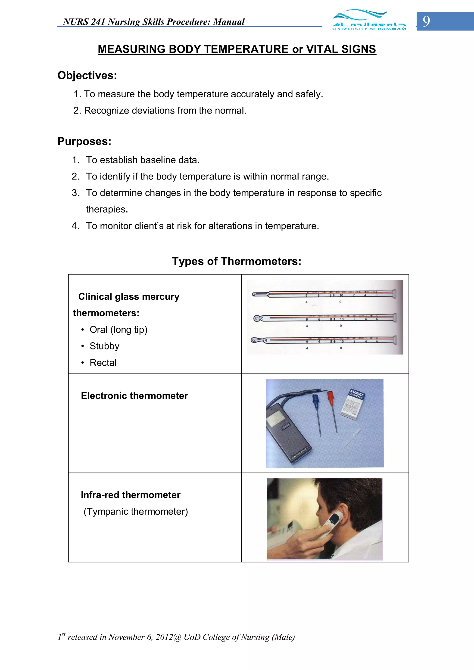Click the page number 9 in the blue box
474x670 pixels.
[x=426, y=21]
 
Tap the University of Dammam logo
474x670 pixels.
[x=369, y=20]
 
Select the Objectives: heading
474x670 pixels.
[x=87, y=75]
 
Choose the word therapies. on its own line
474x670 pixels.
[x=107, y=209]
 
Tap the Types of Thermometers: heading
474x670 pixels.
[x=237, y=261]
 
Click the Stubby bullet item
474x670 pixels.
[x=104, y=346]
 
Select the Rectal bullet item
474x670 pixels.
[x=103, y=363]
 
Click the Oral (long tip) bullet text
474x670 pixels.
[x=118, y=330]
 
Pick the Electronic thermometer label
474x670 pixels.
[x=134, y=396]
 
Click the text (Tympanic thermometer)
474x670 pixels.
[x=136, y=512]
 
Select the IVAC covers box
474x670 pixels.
[x=352, y=404]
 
